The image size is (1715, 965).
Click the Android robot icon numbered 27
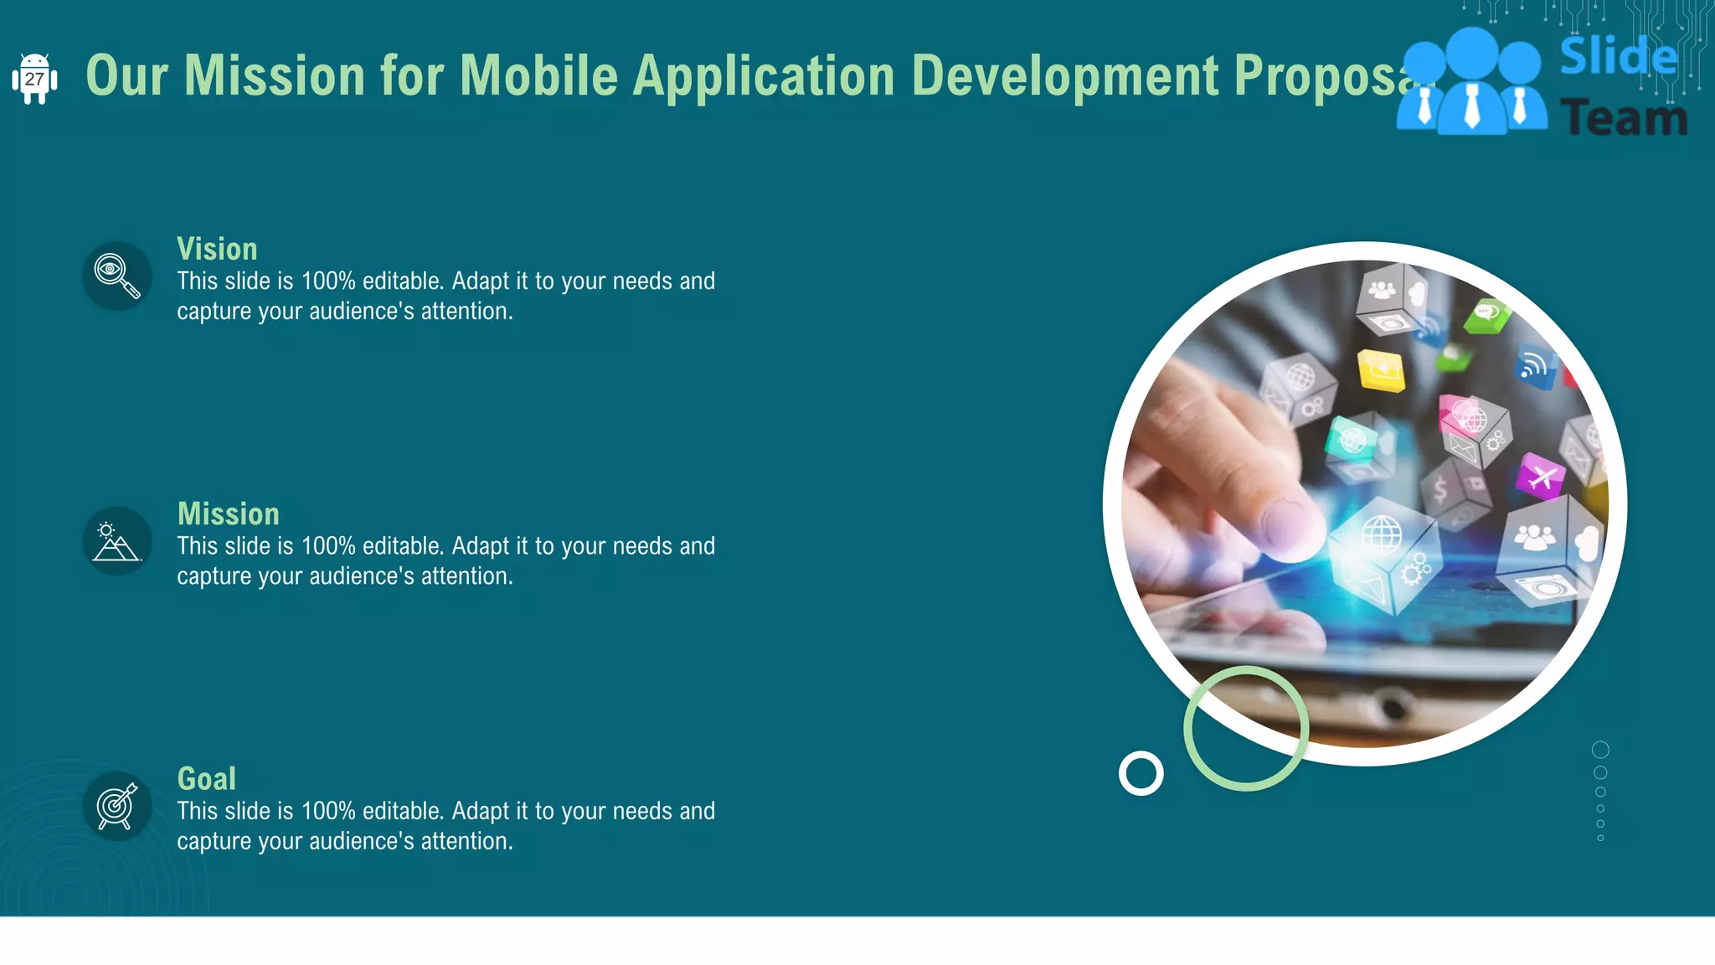(34, 79)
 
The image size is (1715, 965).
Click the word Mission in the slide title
(274, 75)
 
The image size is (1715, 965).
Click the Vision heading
(217, 249)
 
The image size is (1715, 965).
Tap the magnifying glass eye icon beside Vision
(117, 276)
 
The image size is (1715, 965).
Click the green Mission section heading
(228, 513)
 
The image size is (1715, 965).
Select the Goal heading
(206, 778)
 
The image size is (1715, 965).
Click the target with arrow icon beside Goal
(117, 806)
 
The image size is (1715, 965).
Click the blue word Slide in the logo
(1618, 57)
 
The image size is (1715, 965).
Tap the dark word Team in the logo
(1624, 118)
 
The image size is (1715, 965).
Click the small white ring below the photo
(1141, 773)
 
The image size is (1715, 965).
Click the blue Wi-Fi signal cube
(1534, 366)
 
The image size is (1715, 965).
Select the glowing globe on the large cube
(1381, 534)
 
